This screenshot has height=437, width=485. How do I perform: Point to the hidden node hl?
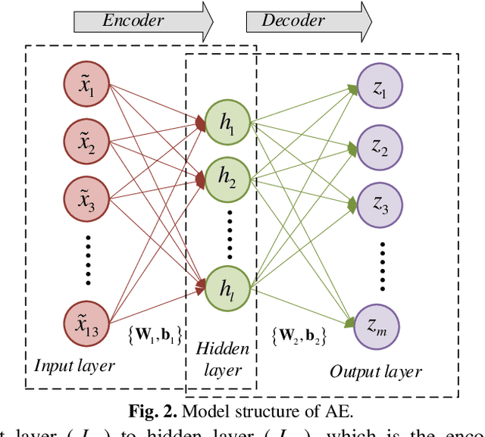point(228,288)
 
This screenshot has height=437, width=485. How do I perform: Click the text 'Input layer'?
point(74,366)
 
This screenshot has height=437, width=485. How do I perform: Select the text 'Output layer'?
point(376,371)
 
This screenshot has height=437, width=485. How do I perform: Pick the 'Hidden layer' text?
point(222,359)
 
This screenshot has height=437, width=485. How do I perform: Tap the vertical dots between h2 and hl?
point(228,231)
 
